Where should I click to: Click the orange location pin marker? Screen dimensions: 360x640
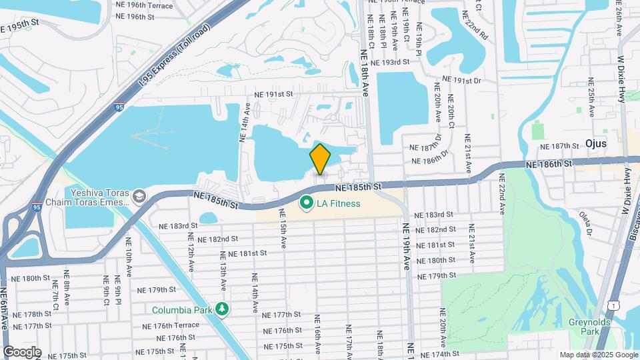321,160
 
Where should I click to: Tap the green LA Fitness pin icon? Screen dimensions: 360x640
307,202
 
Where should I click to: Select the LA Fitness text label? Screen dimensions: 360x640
339,203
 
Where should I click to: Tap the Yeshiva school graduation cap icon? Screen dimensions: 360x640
139,196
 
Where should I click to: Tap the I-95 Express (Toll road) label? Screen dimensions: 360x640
175,57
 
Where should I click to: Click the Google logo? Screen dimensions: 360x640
21,352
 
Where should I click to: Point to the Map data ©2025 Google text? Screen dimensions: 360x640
598,355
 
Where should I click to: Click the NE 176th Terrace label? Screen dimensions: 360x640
171,325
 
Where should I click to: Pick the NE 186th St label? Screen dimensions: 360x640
549,163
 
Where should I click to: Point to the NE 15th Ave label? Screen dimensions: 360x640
283,237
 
